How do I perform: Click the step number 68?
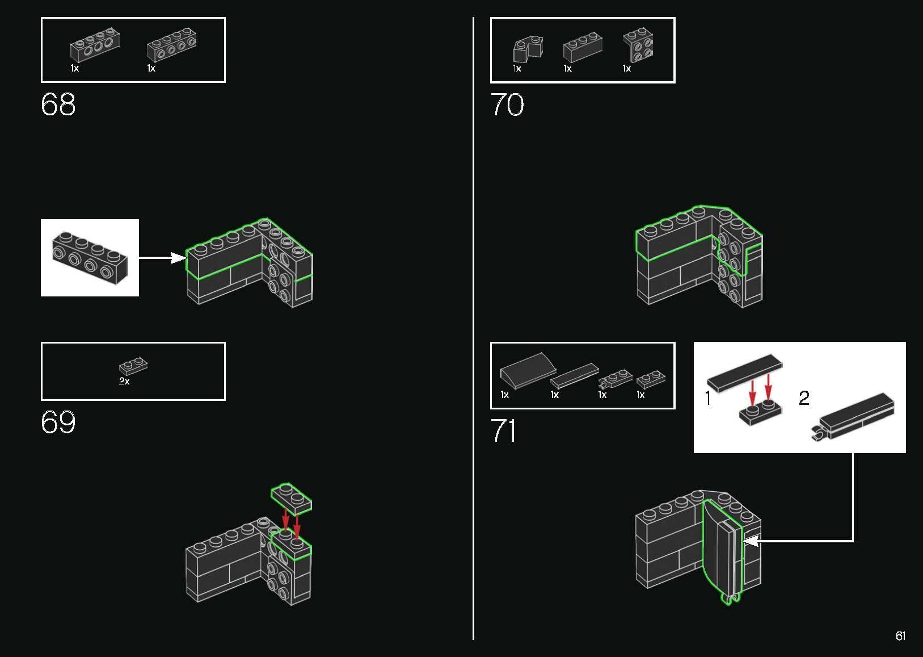(x=58, y=104)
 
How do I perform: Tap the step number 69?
(x=58, y=422)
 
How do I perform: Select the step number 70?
(x=507, y=104)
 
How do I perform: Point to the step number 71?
(x=504, y=430)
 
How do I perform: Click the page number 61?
(x=901, y=635)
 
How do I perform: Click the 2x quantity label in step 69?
(x=124, y=382)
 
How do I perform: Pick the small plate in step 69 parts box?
(x=133, y=366)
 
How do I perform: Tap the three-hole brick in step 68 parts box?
(x=95, y=45)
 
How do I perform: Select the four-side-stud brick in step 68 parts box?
(x=171, y=45)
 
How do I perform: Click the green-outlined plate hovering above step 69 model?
(x=292, y=499)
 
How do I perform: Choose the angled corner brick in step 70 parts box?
(x=528, y=49)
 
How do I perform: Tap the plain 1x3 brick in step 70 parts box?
(x=583, y=48)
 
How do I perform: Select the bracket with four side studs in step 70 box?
(x=638, y=44)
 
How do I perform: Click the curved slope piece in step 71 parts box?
(x=528, y=370)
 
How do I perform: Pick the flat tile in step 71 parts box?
(x=575, y=375)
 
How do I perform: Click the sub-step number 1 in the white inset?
(x=708, y=398)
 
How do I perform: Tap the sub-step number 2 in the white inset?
(x=804, y=398)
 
